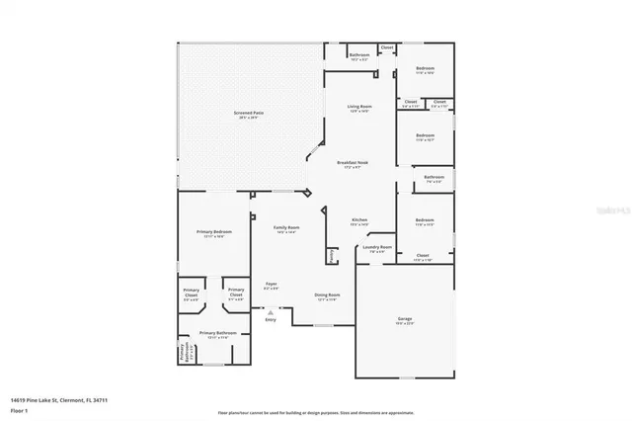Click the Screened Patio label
pyautogui.click(x=249, y=114)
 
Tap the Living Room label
pyautogui.click(x=358, y=106)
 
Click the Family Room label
pyautogui.click(x=286, y=227)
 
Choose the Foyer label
pyautogui.click(x=271, y=284)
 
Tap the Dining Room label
pyautogui.click(x=327, y=295)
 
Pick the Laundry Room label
pyautogui.click(x=377, y=247)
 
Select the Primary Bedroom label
pyautogui.click(x=214, y=231)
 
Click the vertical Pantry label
pyautogui.click(x=332, y=255)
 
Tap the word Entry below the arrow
pyautogui.click(x=271, y=319)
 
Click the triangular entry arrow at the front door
pyautogui.click(x=271, y=310)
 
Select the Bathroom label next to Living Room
pyautogui.click(x=359, y=54)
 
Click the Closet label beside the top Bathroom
pyautogui.click(x=387, y=47)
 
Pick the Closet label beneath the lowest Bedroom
pyautogui.click(x=423, y=255)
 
